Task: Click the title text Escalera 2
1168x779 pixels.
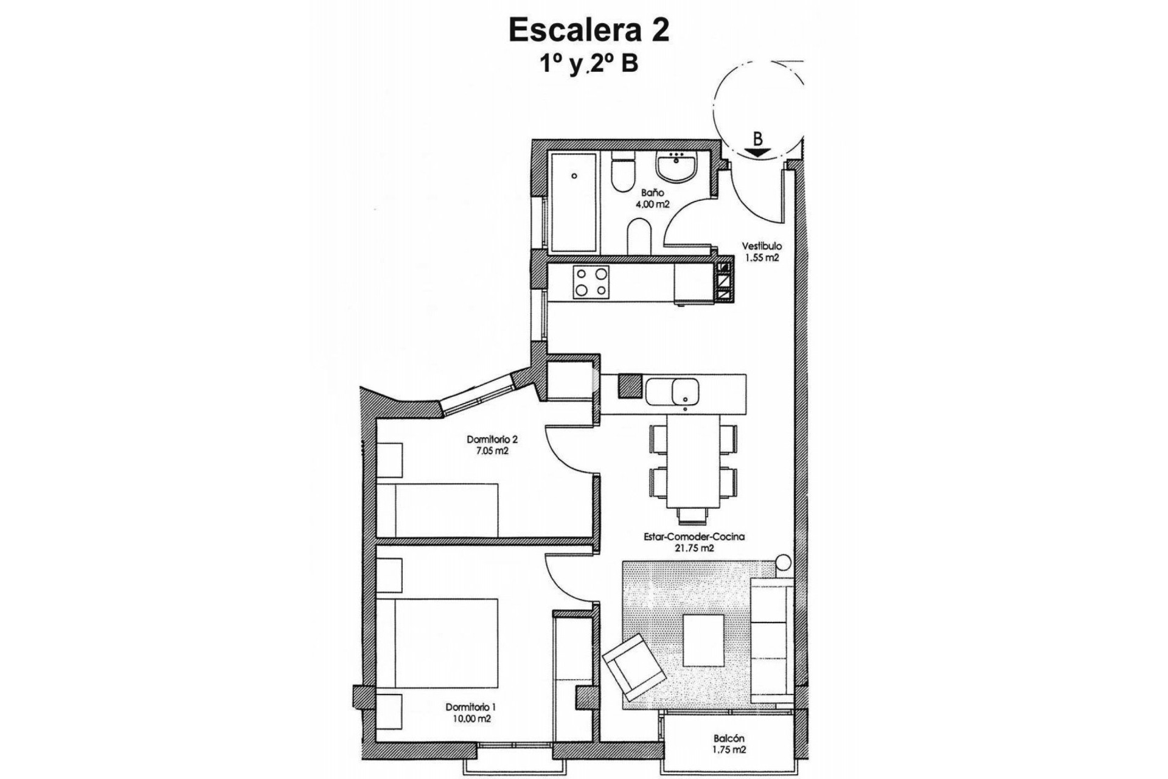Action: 589,31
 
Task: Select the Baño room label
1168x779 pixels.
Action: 652,193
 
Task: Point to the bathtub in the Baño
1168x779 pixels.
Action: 574,202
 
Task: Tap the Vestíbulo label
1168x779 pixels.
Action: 761,246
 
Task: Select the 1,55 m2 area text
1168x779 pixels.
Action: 762,257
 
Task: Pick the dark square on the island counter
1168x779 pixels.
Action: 630,385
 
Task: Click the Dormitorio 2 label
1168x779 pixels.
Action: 492,439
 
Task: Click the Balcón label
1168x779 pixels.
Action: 729,739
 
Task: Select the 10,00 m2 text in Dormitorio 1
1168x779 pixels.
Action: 471,719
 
